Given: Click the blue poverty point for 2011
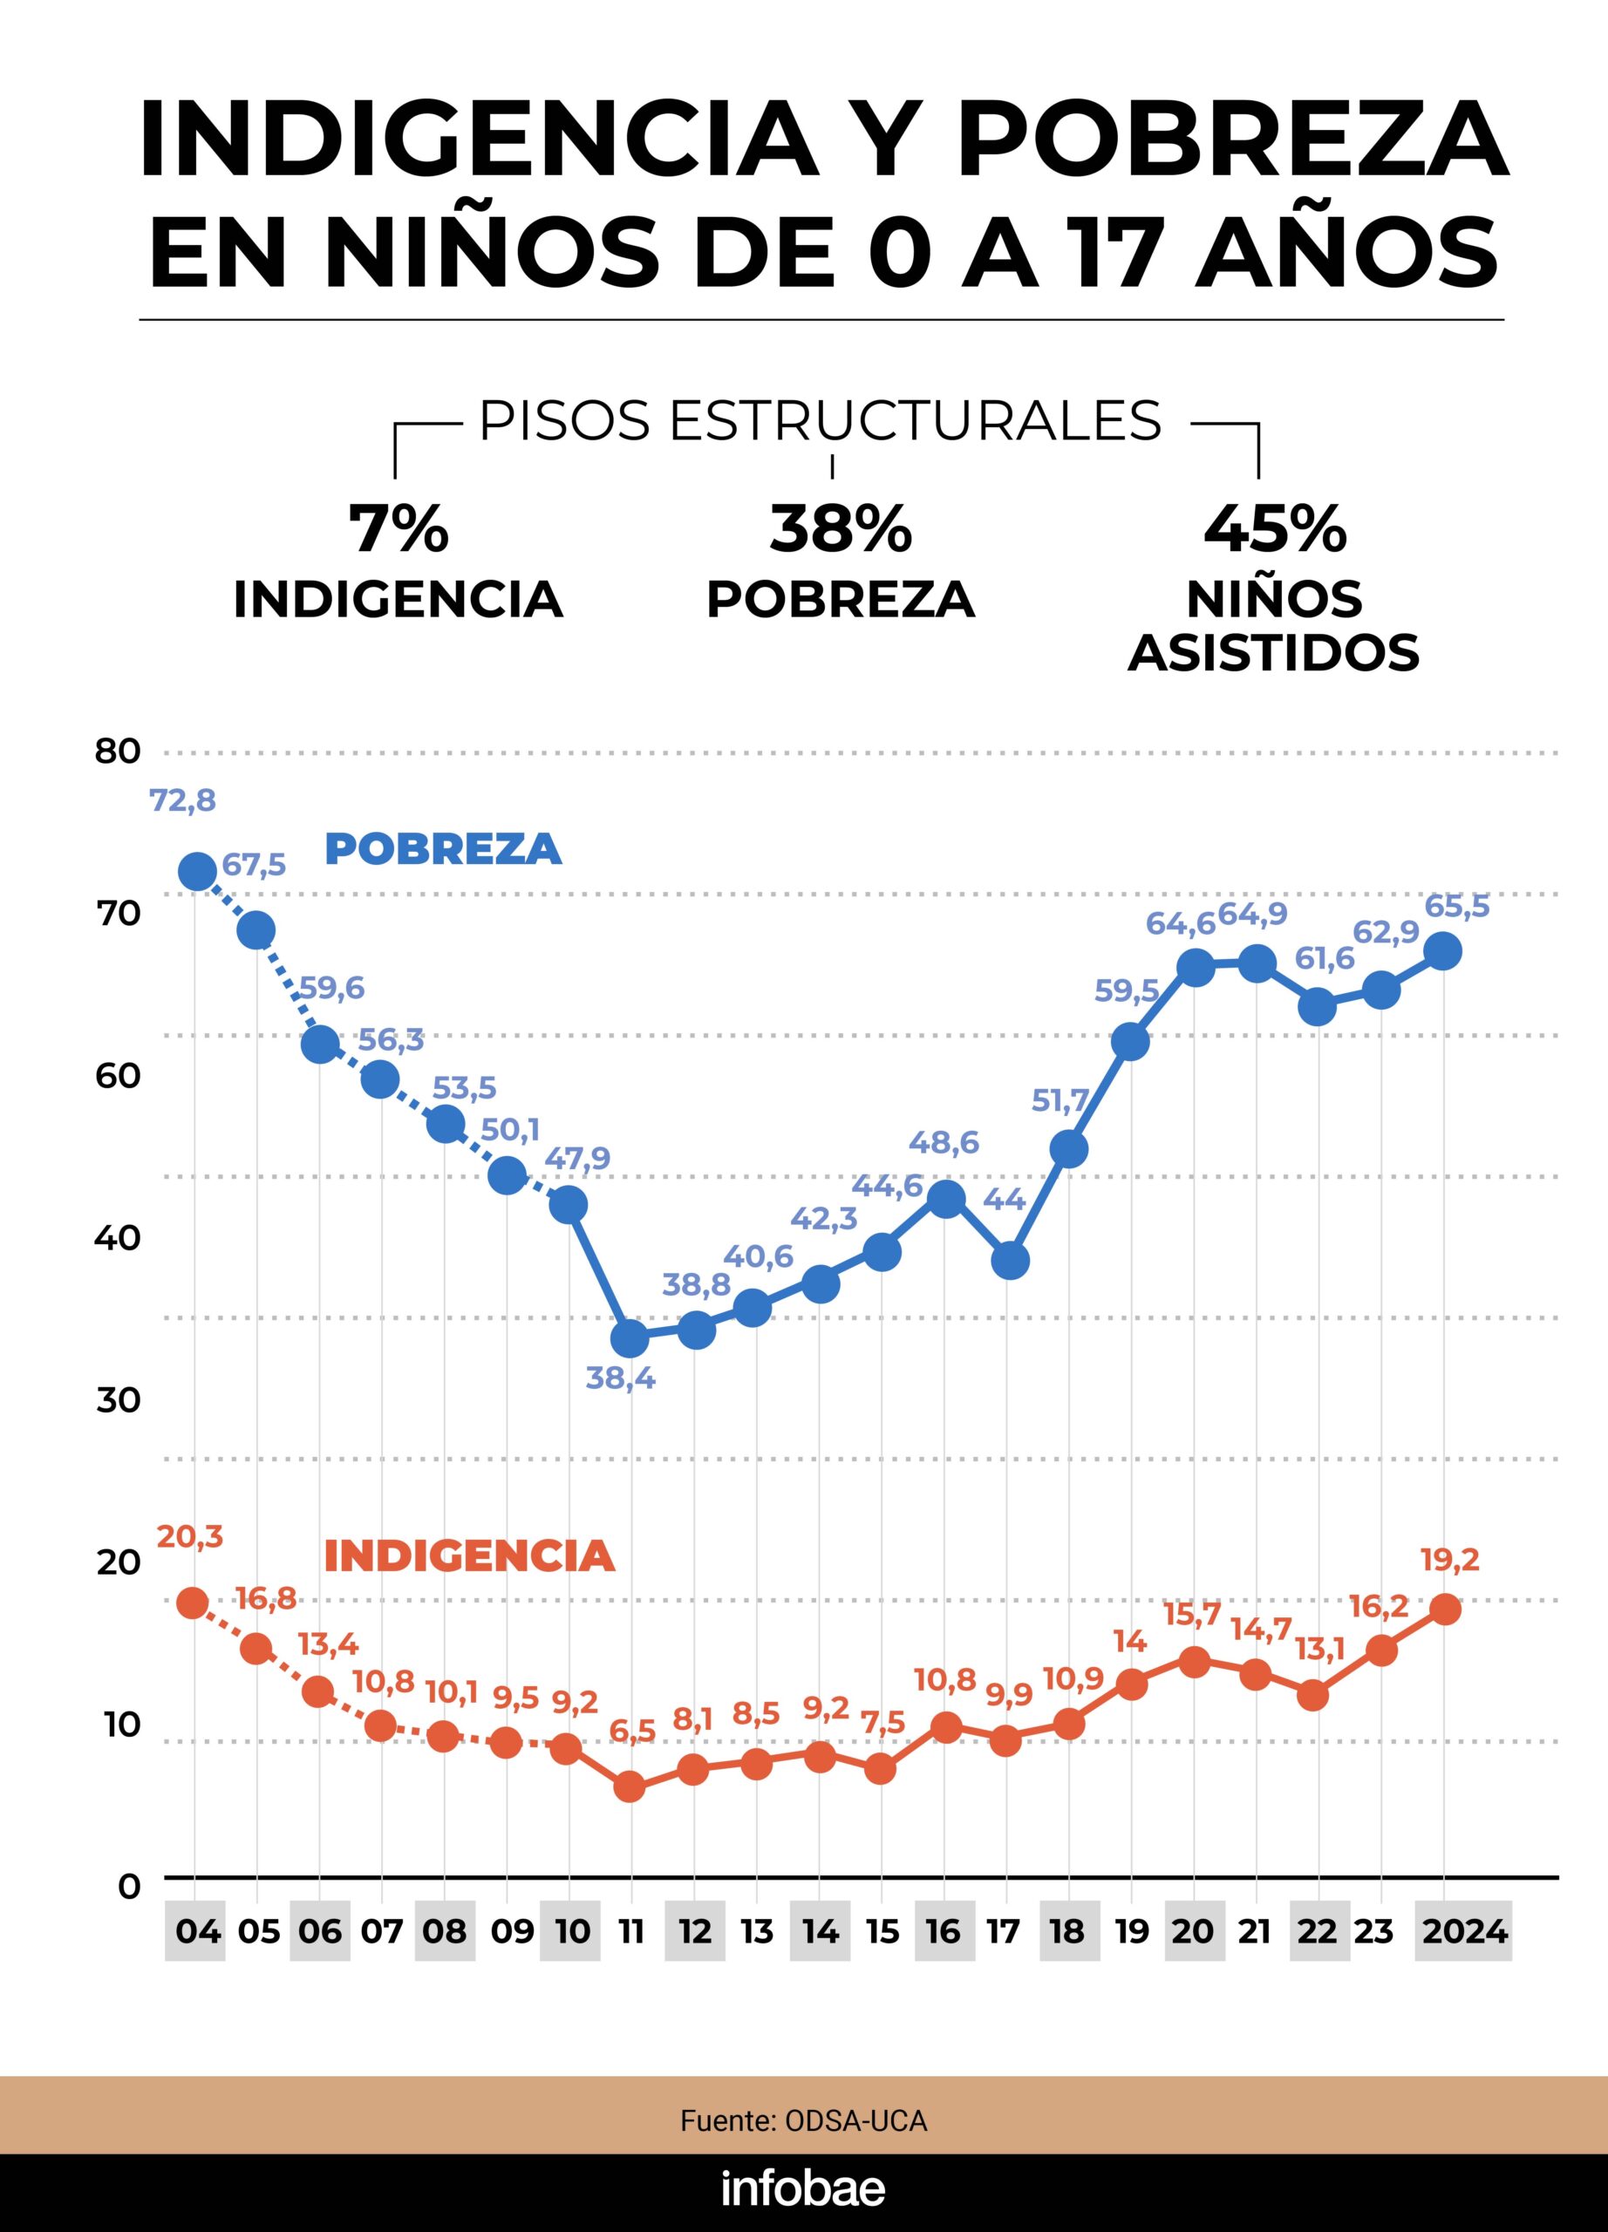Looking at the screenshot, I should click(x=629, y=1337).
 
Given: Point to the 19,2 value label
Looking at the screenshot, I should click(x=1450, y=1560).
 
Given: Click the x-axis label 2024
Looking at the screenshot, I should click(x=1462, y=1932).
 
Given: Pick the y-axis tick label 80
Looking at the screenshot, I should click(x=118, y=752).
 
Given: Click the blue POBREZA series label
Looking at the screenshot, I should click(x=443, y=848).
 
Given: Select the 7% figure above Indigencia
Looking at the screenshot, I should click(x=399, y=529).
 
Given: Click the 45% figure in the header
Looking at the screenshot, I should click(x=1274, y=529).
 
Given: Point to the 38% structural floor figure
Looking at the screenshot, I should click(x=841, y=529).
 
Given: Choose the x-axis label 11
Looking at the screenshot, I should click(x=630, y=1932).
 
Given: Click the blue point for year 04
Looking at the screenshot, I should click(x=197, y=871).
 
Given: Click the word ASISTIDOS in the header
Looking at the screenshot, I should click(x=1273, y=651).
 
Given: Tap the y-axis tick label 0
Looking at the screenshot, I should click(x=129, y=1887).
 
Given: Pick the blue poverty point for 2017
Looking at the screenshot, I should click(x=1010, y=1260).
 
